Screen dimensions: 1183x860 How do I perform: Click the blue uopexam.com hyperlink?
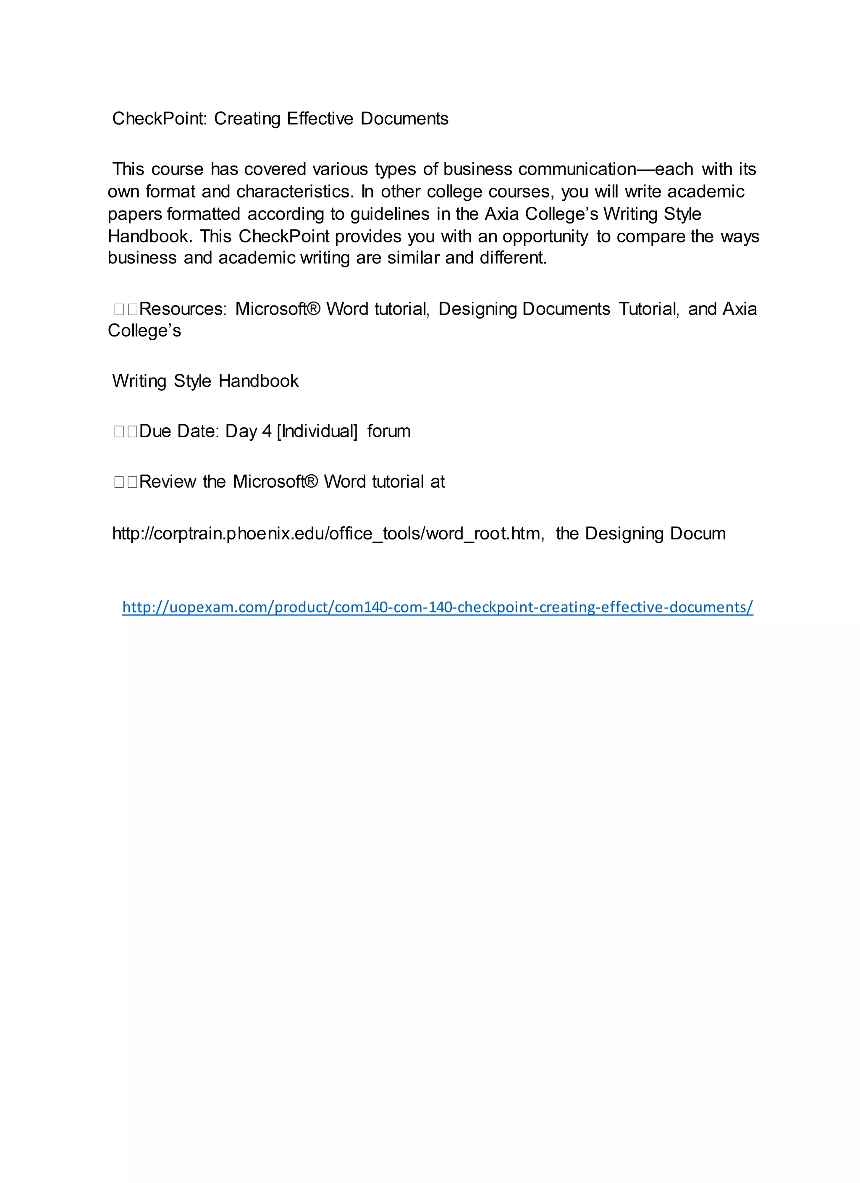tap(438, 607)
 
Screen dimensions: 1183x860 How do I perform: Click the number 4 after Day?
tap(267, 431)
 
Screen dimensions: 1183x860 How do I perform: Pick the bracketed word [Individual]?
tap(317, 431)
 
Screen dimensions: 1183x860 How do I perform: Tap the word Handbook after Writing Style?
tap(258, 381)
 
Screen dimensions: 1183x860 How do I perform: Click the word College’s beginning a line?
tap(144, 331)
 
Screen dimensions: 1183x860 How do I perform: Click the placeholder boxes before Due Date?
tap(126, 432)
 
